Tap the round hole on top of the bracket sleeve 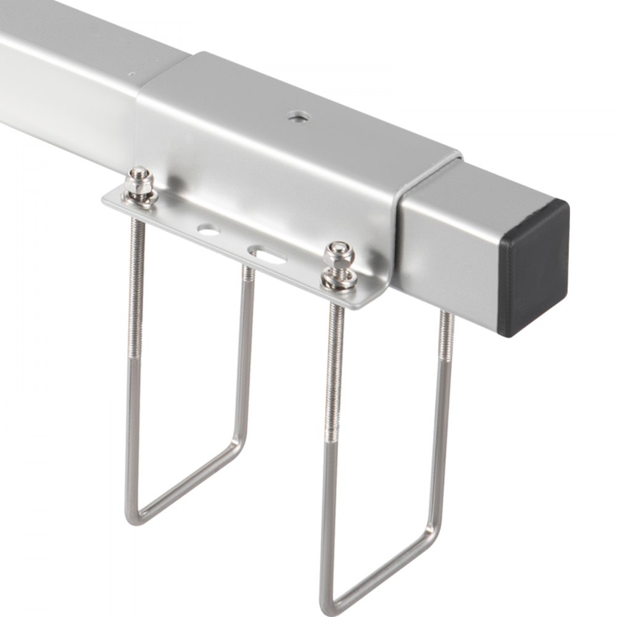point(298,115)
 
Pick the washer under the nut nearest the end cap point(339,278)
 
